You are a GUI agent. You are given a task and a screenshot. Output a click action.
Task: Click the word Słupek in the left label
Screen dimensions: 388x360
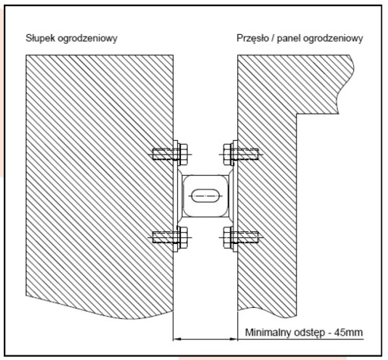(x=40, y=39)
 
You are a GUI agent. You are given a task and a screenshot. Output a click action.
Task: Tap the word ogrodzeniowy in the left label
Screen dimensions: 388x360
(x=87, y=39)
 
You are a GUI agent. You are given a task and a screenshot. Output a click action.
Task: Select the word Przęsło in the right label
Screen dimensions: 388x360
(x=252, y=39)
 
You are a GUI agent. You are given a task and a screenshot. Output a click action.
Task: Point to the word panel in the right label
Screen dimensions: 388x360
(x=289, y=39)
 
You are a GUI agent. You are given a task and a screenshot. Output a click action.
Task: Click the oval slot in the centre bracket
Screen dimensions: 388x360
(x=205, y=196)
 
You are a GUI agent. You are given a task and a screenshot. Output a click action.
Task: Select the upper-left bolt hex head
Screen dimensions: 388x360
(x=183, y=154)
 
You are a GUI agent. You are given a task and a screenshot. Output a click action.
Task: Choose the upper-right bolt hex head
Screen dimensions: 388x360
(x=227, y=154)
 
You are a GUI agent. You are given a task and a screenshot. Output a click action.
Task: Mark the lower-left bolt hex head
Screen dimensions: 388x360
(x=183, y=237)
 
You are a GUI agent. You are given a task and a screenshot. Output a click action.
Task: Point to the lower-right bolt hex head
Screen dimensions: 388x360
(x=227, y=237)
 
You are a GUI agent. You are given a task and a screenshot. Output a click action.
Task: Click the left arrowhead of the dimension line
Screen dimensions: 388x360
(x=177, y=339)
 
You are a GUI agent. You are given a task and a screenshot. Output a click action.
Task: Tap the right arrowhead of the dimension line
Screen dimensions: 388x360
(x=233, y=339)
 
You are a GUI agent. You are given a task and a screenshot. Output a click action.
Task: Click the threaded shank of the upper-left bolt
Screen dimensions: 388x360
(x=163, y=154)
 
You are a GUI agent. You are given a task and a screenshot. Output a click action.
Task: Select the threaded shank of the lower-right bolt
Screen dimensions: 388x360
(x=248, y=237)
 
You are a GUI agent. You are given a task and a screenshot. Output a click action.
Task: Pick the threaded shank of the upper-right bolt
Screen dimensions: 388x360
(x=248, y=154)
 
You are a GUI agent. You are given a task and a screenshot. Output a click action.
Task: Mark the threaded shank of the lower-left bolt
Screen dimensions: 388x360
(x=163, y=237)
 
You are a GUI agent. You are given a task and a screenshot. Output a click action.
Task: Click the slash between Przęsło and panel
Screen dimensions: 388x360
(x=273, y=39)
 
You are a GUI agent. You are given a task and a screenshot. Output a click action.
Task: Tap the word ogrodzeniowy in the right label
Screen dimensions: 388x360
(x=333, y=39)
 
